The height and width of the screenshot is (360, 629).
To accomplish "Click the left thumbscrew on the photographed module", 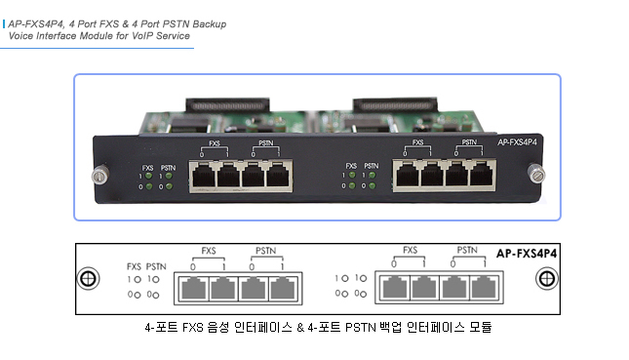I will (98, 176).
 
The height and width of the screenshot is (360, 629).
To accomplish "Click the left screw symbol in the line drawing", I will (88, 278).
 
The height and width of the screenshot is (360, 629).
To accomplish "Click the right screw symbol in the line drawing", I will (544, 278).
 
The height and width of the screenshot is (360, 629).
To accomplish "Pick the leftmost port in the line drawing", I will (193, 289).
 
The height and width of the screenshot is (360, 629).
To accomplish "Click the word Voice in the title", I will (23, 35).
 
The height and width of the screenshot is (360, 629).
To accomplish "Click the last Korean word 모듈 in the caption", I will (479, 328).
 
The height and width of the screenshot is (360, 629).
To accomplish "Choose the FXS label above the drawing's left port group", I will (209, 251).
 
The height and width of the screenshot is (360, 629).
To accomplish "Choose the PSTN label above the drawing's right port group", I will (467, 251).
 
